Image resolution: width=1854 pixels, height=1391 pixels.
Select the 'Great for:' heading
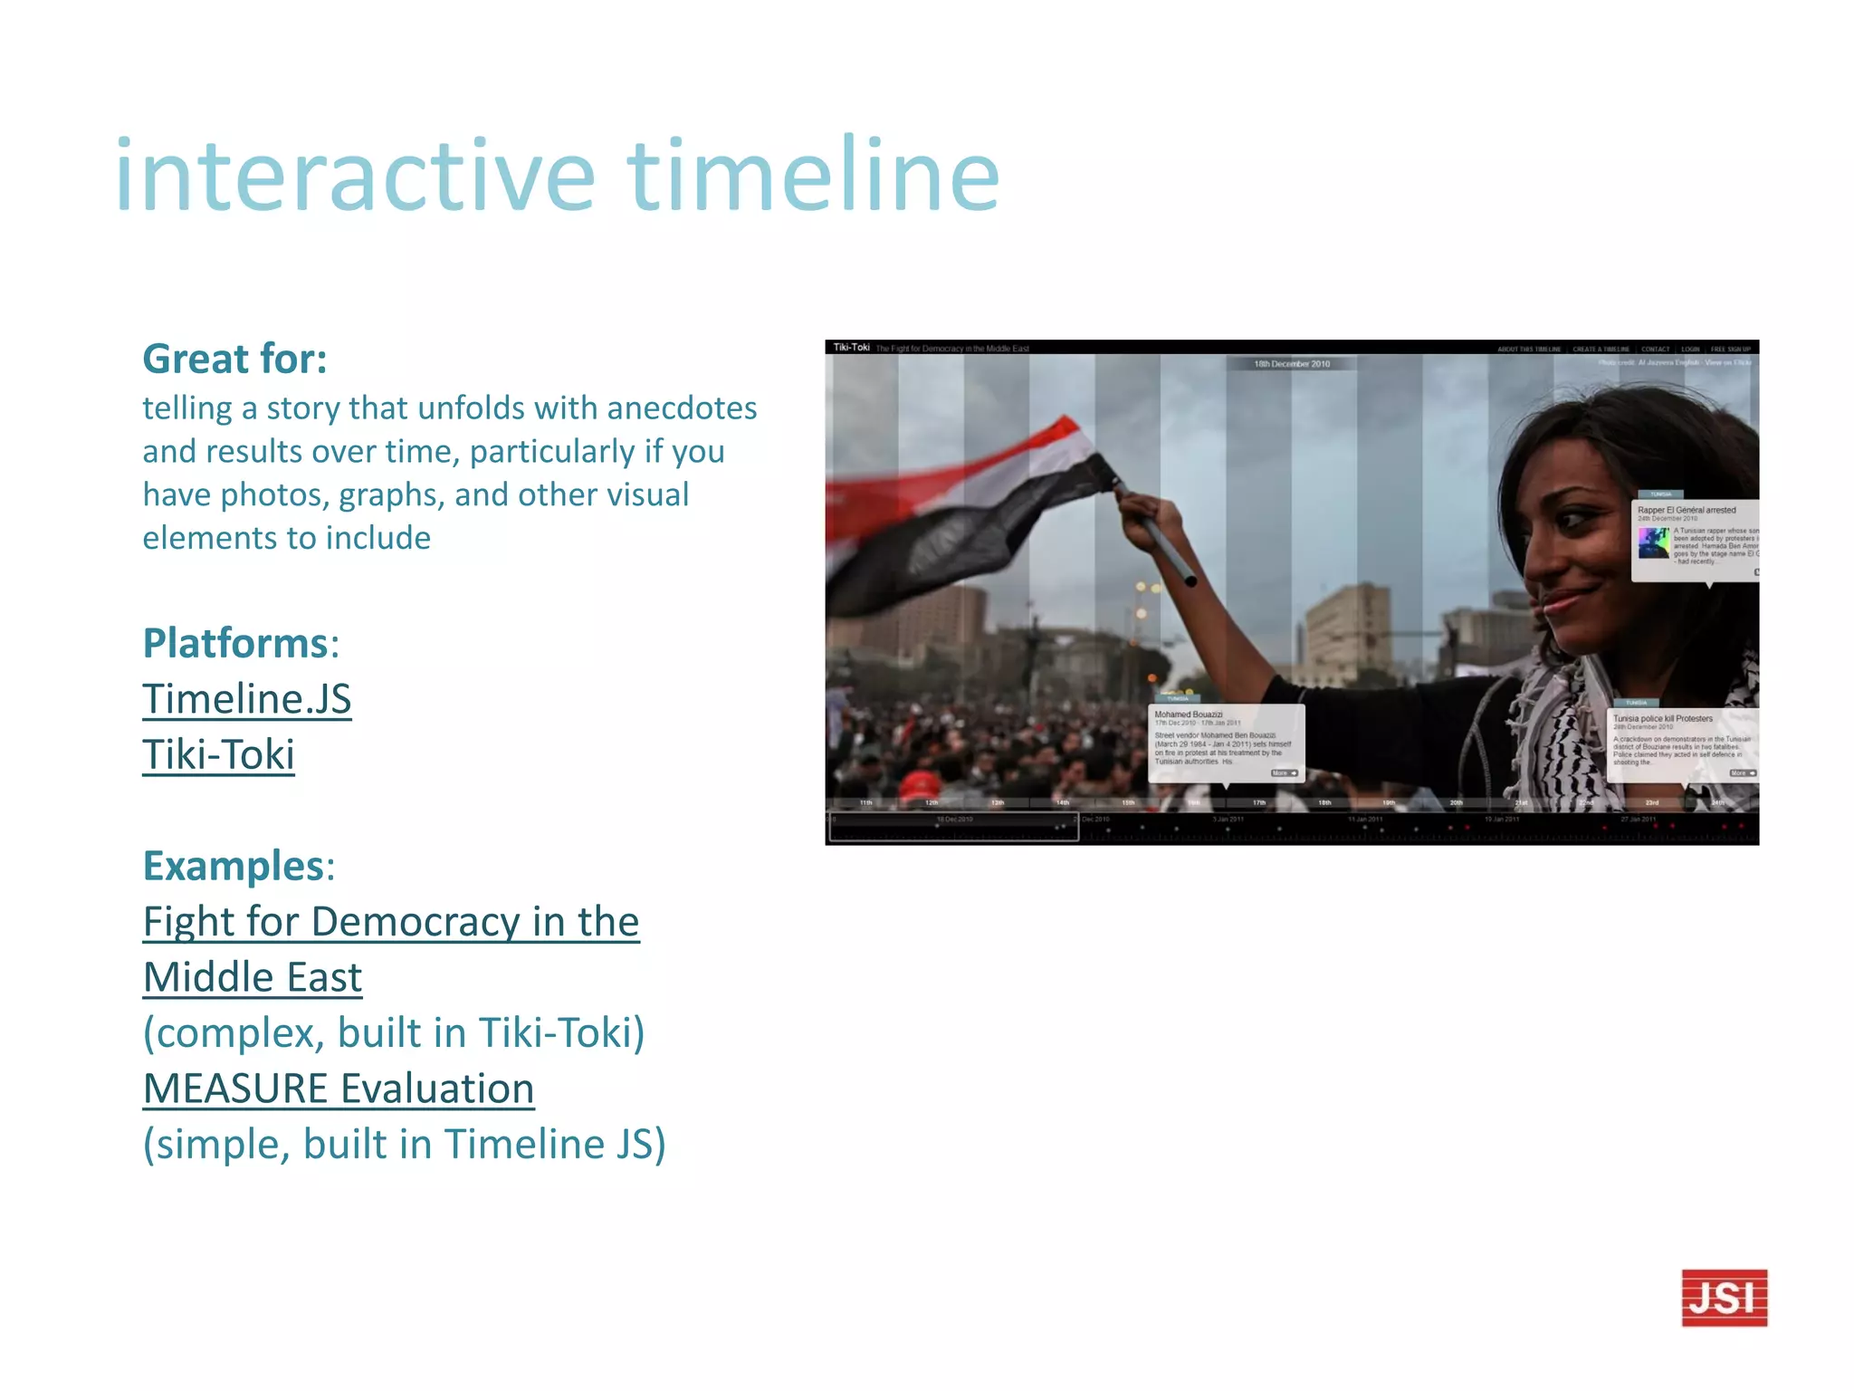tap(234, 359)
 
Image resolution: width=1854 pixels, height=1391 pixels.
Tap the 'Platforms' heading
tap(235, 643)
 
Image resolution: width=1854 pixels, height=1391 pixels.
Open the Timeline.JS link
tap(246, 699)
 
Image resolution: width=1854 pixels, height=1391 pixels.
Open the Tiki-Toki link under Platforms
tap(218, 754)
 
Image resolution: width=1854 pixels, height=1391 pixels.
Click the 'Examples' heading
tap(234, 866)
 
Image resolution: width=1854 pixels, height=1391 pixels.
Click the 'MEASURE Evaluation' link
tap(339, 1089)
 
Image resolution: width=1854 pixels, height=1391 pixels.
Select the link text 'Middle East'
tap(253, 977)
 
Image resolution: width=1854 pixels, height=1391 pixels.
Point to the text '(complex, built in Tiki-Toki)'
tap(394, 1032)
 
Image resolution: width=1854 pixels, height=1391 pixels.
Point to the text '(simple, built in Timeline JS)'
tap(404, 1144)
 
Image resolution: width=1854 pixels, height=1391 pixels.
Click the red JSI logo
tap(1724, 1297)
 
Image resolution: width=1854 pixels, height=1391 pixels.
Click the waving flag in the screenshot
tap(969, 507)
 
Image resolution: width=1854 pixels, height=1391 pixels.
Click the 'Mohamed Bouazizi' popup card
tap(1227, 743)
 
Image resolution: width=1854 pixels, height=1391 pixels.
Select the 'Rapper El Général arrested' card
tap(1695, 538)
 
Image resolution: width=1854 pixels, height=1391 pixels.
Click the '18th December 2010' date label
tap(1292, 364)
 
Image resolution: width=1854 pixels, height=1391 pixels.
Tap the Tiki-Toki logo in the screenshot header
tap(851, 348)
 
